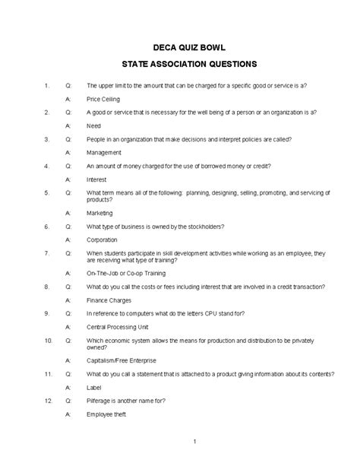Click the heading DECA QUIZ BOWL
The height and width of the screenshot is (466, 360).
point(180,45)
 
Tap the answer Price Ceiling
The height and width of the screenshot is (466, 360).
point(103,99)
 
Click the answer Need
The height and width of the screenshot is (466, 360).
point(94,125)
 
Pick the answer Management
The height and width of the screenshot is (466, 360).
point(104,152)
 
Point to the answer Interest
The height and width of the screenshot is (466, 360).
point(96,179)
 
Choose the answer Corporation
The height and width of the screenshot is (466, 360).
point(103,239)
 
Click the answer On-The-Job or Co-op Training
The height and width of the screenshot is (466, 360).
point(128,273)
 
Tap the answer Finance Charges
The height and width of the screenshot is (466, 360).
point(109,300)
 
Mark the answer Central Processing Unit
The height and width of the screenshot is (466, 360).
point(118,327)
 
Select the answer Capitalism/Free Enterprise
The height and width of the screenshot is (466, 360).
point(122,360)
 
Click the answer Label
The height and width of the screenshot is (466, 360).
point(94,387)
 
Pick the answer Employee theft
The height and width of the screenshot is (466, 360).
point(106,414)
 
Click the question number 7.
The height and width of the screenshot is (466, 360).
point(46,252)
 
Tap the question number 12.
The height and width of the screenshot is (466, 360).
point(47,401)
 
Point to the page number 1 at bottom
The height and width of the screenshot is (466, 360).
point(194,442)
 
